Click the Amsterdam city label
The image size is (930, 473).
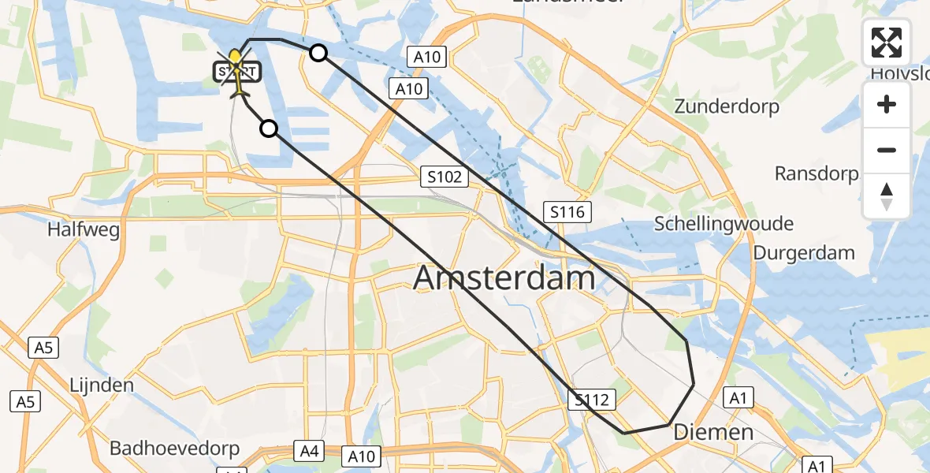pos(504,278)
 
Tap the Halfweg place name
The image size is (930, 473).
pos(83,230)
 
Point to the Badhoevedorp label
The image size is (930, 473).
pos(174,449)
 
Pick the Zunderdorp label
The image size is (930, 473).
pos(727,106)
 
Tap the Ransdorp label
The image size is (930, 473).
pos(817,173)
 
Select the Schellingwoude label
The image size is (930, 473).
pos(724,224)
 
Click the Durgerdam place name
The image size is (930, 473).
pos(804,253)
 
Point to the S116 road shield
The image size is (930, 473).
pos(567,210)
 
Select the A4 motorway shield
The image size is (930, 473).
pos(310,451)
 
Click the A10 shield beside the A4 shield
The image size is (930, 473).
pos(362,456)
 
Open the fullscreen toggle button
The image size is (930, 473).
pos(887,43)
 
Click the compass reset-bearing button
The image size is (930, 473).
pos(887,196)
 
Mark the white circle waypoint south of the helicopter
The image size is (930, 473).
pos(270,128)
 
